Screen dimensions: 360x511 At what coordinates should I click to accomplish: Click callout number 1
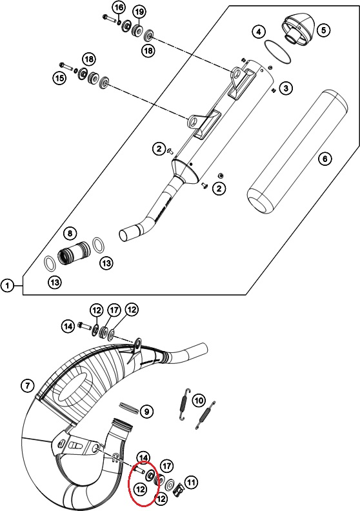[x=8, y=286]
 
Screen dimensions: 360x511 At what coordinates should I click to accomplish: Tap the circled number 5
[x=323, y=30]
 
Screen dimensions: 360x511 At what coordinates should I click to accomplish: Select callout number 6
[x=325, y=159]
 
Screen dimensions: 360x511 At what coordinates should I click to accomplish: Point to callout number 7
[x=27, y=386]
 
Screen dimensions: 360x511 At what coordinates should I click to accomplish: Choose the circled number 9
[x=146, y=412]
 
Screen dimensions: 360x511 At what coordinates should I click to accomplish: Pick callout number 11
[x=191, y=482]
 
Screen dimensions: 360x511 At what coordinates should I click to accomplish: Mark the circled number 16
[x=119, y=8]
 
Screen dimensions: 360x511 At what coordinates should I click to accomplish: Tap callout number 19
[x=139, y=12]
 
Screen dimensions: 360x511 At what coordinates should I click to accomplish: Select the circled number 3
[x=286, y=88]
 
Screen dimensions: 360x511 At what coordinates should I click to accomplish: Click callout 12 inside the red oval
[x=141, y=489]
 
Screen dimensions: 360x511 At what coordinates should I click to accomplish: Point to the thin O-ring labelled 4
[x=277, y=52]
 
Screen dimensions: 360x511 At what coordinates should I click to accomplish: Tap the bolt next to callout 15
[x=66, y=66]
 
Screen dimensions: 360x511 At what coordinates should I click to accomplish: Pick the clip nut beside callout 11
[x=178, y=488]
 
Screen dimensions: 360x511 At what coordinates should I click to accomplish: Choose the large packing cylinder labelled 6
[x=297, y=152]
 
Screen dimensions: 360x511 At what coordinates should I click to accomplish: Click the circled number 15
[x=59, y=78]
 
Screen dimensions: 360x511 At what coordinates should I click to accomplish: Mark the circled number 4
[x=259, y=32]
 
